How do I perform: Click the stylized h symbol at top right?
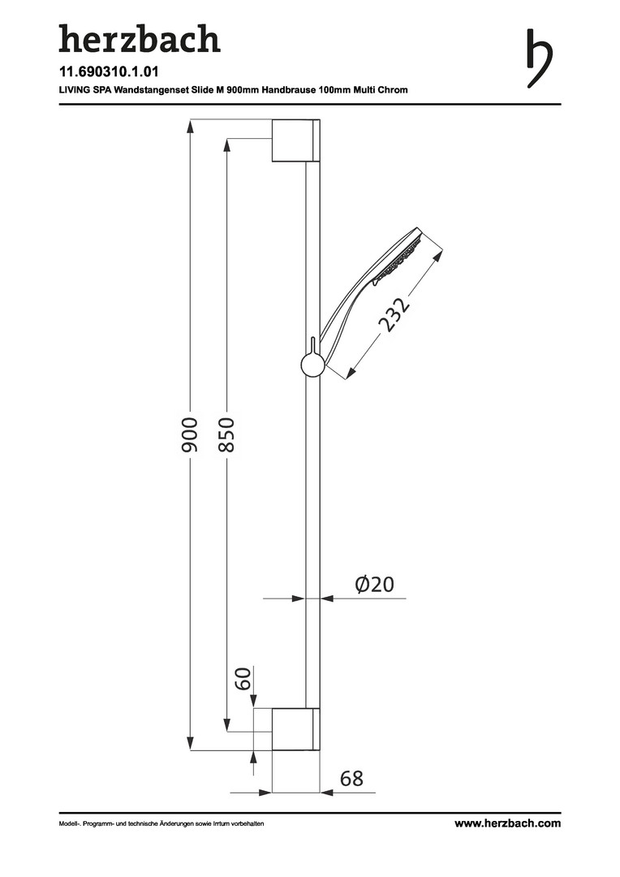point(539,59)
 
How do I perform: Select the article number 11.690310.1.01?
point(109,71)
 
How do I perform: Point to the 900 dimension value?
point(190,434)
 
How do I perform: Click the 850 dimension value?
point(226,434)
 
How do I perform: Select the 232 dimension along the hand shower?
point(394,314)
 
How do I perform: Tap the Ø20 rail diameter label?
point(375,585)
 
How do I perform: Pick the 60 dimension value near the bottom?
point(243,679)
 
